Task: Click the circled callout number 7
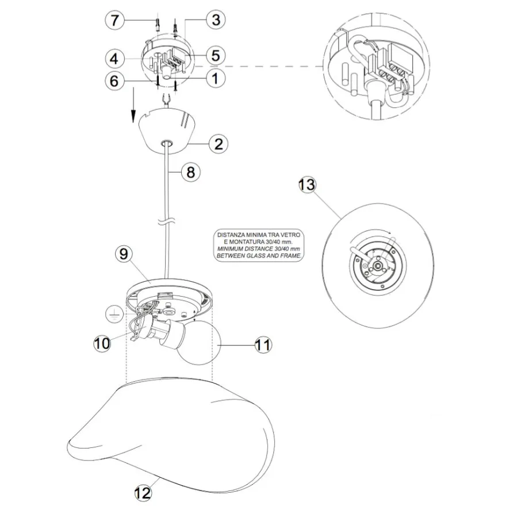point(115,20)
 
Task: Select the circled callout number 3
point(216,20)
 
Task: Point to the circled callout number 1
point(215,78)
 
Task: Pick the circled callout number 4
point(115,59)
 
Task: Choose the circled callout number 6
point(114,80)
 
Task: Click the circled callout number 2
point(218,144)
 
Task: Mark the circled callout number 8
point(191,172)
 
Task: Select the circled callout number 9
point(124,254)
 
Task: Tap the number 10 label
point(102,343)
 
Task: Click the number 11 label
point(263,345)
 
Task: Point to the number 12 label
point(143,493)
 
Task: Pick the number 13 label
point(307,185)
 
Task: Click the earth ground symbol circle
point(114,315)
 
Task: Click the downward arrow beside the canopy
point(133,104)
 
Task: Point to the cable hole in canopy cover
point(167,143)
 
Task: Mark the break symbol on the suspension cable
point(167,222)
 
